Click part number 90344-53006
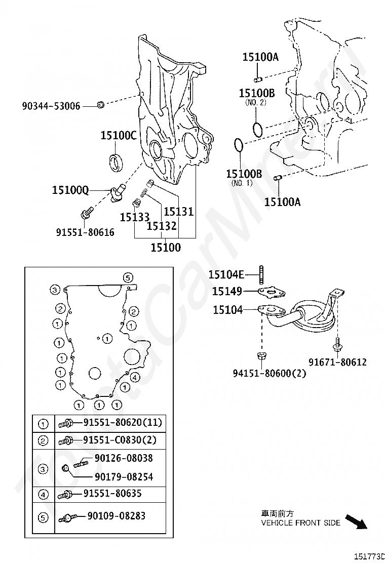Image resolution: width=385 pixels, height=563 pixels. click(x=51, y=106)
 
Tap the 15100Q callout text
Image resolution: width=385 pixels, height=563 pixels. click(x=70, y=190)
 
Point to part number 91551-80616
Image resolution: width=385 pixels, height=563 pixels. click(x=85, y=232)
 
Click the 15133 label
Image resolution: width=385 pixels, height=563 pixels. click(x=134, y=217)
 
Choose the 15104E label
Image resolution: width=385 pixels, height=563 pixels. click(x=226, y=274)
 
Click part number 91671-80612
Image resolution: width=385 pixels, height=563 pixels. click(x=337, y=362)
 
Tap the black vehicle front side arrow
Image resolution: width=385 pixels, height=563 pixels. click(x=356, y=521)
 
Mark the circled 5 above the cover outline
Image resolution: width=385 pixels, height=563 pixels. click(x=128, y=277)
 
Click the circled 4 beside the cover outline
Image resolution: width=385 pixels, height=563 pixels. click(x=135, y=377)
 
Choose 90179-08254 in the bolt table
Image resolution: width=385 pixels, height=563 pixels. click(x=124, y=477)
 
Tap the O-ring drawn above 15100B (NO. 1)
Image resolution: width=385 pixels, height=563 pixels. click(x=239, y=145)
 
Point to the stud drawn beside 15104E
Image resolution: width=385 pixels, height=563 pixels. click(x=261, y=274)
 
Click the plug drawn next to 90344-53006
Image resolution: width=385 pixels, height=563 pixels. click(x=100, y=105)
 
